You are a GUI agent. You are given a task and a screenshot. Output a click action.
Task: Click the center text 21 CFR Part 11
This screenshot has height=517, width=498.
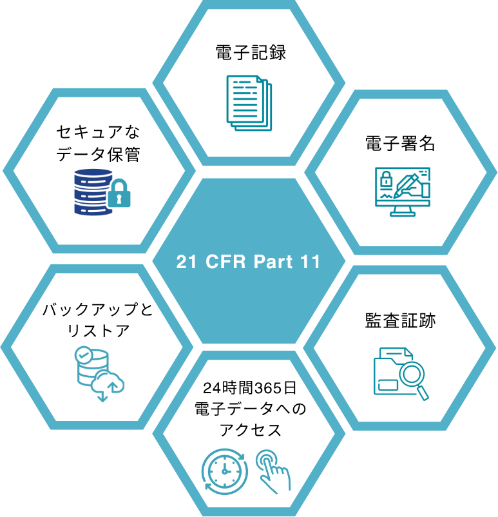tap(249, 262)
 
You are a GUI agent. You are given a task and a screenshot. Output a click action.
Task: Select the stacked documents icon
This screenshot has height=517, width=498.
tap(249, 102)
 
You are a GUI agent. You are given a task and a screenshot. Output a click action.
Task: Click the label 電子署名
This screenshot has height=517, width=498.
tap(400, 143)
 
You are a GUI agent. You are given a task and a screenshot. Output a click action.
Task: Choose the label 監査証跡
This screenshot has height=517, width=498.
tap(400, 320)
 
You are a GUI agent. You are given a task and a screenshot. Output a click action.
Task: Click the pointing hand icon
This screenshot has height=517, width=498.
tap(273, 472)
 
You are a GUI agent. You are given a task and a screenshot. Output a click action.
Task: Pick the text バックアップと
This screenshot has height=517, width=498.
tap(98, 310)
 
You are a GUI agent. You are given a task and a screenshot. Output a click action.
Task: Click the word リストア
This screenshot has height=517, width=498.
tap(98, 332)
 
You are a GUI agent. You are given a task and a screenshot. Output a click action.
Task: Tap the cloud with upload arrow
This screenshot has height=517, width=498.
tap(108, 383)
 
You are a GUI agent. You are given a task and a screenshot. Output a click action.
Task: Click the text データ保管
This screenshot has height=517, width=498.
tap(98, 154)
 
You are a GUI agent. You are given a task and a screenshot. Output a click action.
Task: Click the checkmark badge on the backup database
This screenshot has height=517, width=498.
tap(83, 355)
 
